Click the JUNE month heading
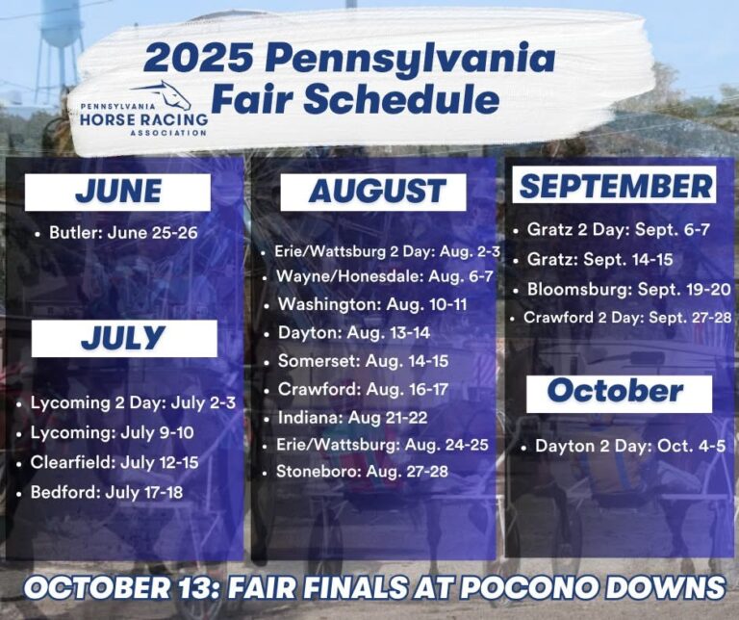pos(117,192)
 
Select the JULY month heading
pos(123,338)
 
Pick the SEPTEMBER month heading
pos(615,185)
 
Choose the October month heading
pos(615,392)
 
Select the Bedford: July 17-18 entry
pos(105,493)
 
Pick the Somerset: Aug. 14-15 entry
pos(363,360)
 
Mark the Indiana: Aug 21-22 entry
pos(352,417)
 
